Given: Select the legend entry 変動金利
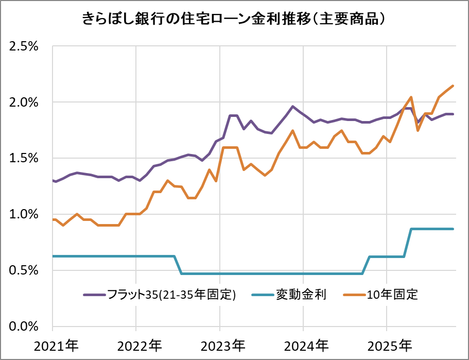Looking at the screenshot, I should coord(301,295).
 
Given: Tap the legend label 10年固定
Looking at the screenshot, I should coord(392,295).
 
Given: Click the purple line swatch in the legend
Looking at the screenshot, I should coord(94,295).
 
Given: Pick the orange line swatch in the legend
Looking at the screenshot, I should coord(354,295).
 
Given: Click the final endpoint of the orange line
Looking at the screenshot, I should coord(453,86).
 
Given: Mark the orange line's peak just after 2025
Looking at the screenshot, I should coord(411,97).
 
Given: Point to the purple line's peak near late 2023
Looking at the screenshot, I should coord(292,107).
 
